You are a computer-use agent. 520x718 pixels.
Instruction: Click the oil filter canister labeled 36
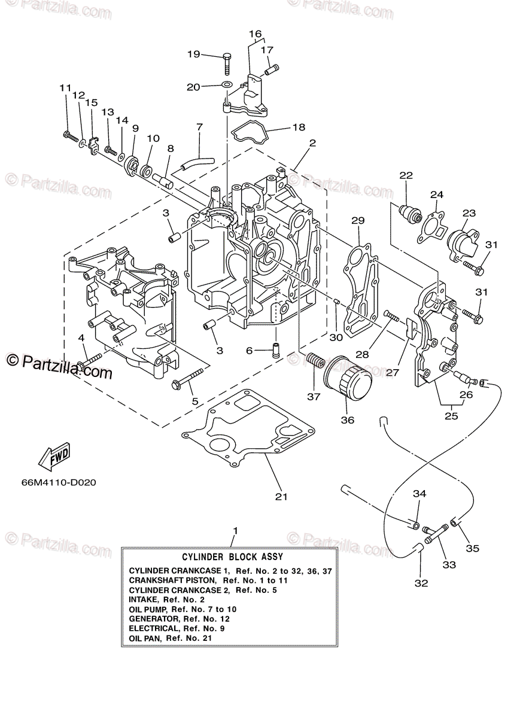pyautogui.click(x=348, y=382)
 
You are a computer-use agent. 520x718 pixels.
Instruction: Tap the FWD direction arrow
pyautogui.click(x=54, y=456)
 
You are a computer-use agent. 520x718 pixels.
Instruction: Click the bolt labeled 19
pyautogui.click(x=227, y=64)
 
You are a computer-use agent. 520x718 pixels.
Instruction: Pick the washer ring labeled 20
pyautogui.click(x=227, y=85)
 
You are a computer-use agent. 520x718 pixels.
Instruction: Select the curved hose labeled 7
pyautogui.click(x=196, y=163)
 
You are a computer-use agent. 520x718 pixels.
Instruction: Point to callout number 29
pyautogui.click(x=358, y=221)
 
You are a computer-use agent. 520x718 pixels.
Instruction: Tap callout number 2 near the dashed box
pyautogui.click(x=312, y=142)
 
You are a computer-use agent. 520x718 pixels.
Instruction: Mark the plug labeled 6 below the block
pyautogui.click(x=276, y=351)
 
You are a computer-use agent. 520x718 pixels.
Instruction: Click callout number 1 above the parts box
pyautogui.click(x=236, y=531)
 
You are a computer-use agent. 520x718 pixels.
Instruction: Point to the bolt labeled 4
pyautogui.click(x=89, y=361)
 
